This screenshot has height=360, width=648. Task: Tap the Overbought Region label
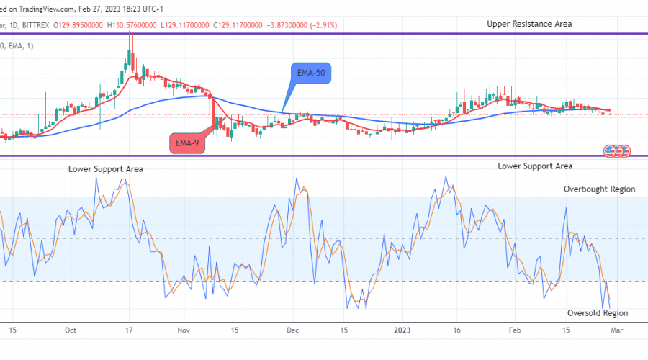[599, 189]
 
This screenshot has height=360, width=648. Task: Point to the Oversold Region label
[598, 313]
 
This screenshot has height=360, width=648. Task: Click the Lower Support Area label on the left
[106, 169]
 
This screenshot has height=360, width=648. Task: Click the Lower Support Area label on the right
[535, 166]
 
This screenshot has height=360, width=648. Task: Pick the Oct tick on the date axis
[70, 330]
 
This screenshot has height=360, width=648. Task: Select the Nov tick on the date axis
[183, 330]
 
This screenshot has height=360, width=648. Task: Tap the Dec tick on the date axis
[293, 330]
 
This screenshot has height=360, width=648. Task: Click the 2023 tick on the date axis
[402, 330]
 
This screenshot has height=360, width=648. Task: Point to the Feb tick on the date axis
[514, 330]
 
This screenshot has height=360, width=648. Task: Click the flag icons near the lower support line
[616, 150]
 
